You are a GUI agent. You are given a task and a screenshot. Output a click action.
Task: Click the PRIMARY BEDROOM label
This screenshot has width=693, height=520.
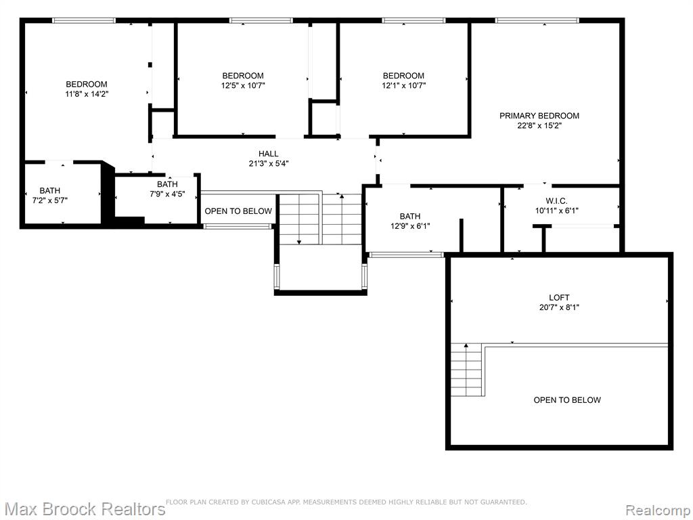(539, 116)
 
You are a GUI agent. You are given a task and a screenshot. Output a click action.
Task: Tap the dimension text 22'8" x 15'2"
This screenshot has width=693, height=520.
(539, 125)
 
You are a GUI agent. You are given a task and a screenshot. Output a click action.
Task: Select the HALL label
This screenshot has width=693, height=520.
(268, 154)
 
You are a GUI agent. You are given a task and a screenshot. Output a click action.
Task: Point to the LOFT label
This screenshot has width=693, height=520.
(559, 298)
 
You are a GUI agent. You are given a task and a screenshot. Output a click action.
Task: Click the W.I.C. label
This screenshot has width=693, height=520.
(556, 201)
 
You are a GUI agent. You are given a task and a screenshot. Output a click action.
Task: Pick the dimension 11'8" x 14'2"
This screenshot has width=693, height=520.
(87, 93)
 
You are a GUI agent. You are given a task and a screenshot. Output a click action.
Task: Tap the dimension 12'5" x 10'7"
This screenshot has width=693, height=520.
(243, 85)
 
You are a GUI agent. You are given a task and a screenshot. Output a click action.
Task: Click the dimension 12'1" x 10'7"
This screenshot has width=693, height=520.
(403, 85)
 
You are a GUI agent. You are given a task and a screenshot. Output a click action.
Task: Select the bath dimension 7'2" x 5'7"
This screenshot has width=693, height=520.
(50, 200)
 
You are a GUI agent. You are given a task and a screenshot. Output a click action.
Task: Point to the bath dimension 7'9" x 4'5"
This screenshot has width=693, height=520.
(168, 194)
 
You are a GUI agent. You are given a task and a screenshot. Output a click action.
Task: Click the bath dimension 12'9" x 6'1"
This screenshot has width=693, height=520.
(410, 226)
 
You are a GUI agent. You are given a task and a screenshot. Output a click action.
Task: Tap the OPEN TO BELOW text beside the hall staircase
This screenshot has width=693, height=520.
(238, 211)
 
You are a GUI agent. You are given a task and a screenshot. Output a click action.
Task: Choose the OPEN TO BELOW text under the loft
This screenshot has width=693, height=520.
(567, 400)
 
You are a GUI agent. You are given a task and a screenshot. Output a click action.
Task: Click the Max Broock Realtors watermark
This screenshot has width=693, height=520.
(84, 509)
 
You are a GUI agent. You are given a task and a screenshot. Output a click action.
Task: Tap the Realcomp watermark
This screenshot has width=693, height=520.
(658, 511)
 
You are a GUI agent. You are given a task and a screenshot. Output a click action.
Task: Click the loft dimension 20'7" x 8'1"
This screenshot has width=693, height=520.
(559, 307)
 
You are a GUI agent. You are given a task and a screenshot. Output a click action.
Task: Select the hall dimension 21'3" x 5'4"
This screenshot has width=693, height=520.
(268, 164)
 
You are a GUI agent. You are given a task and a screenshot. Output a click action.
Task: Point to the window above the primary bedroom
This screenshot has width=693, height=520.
(537, 20)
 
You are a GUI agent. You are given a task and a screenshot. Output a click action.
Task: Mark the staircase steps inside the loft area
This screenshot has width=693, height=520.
(466, 370)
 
